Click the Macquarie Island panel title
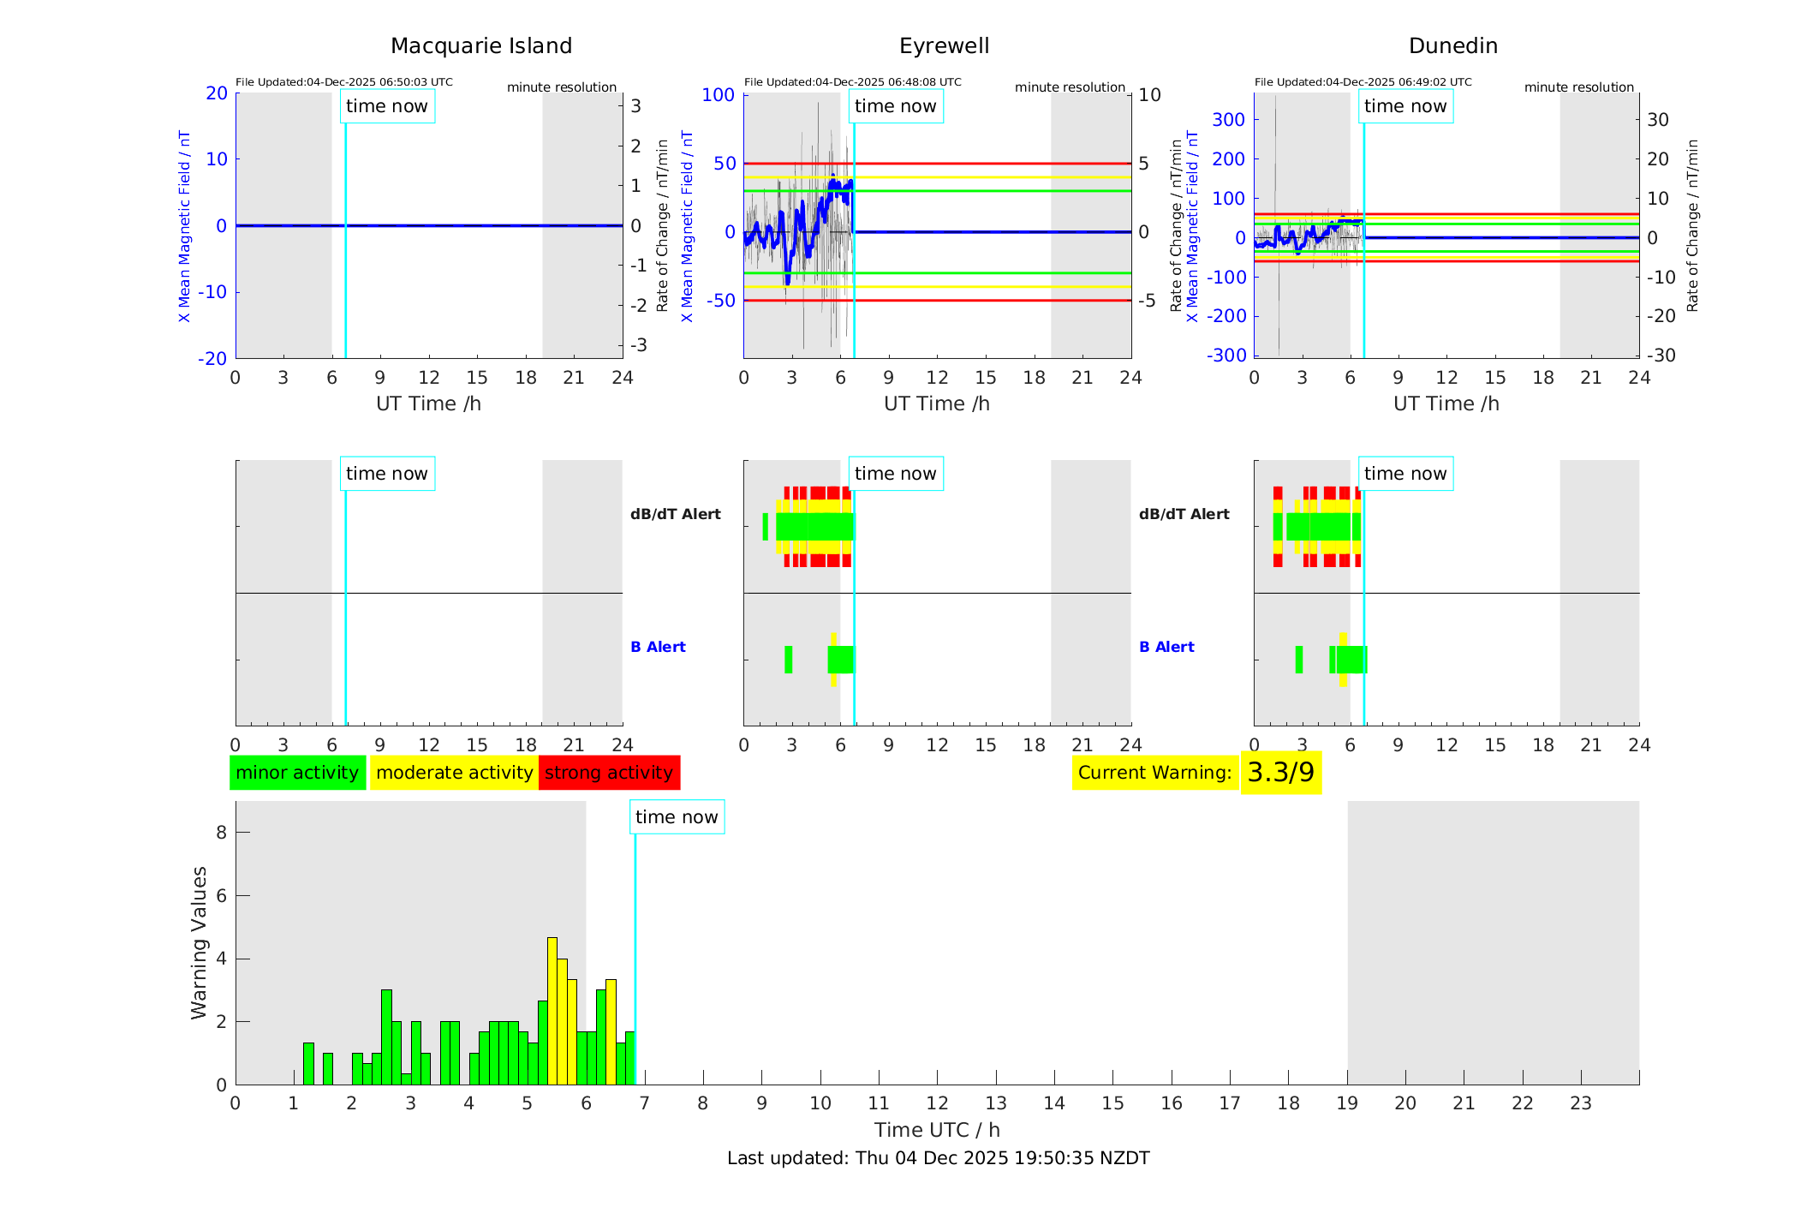481,46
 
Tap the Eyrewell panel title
944,46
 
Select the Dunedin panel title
1452,46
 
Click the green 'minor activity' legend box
297,773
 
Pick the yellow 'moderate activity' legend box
454,773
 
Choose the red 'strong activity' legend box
609,773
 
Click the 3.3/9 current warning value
1280,773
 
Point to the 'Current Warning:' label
1154,773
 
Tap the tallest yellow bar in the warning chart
552,1011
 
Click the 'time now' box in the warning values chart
677,817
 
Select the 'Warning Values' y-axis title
199,942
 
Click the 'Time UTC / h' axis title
937,1130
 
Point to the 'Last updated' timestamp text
938,1158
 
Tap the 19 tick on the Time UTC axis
1347,1103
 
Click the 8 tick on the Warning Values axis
221,833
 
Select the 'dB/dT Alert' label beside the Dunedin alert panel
1184,514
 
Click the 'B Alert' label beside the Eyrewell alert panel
658,647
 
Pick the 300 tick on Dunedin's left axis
1228,120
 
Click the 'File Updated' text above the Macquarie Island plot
343,82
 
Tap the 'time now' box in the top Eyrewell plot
895,106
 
